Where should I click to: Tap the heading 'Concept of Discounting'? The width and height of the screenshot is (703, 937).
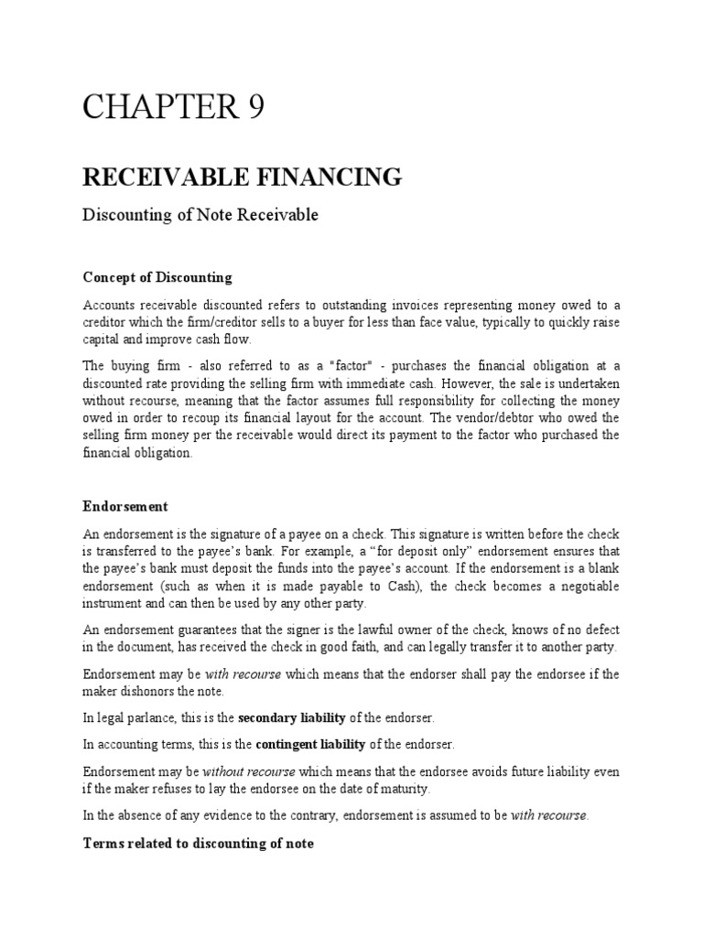[157, 277]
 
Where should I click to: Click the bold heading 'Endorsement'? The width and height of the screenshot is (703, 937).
[125, 506]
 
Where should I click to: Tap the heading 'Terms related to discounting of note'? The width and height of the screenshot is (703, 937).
[198, 844]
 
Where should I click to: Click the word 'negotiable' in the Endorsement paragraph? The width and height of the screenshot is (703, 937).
[586, 585]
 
